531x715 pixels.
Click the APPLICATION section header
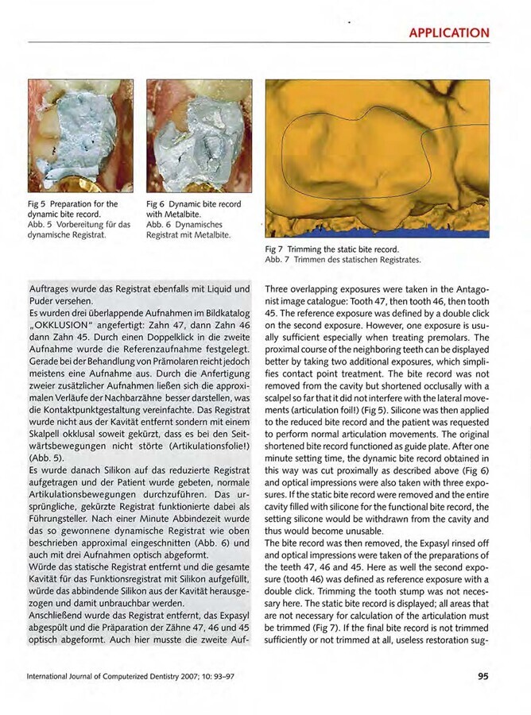pos(448,33)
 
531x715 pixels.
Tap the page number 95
pos(483,677)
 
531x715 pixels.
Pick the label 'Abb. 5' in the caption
pos(41,225)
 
